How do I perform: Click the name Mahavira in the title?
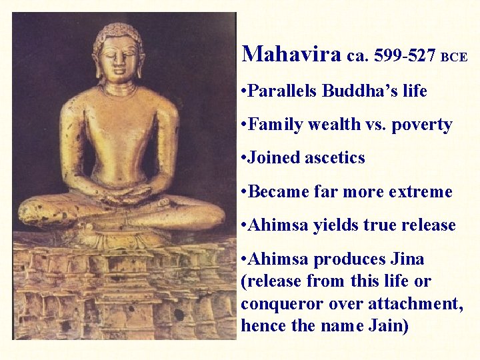pos(291,53)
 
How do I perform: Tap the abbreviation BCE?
pos(453,57)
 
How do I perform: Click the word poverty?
pos(423,125)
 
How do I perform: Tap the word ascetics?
pos(335,158)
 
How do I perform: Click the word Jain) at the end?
pos(391,326)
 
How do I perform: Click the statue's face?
pos(118,60)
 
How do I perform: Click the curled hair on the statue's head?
pos(118,32)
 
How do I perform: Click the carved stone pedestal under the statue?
pos(123,287)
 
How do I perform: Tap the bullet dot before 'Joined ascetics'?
pos(245,158)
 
